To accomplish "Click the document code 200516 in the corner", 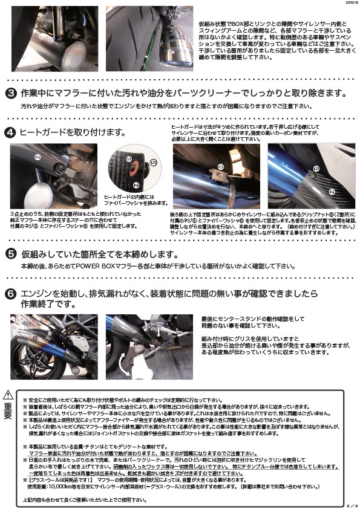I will (x=349, y=4).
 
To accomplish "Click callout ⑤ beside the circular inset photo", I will (x=152, y=163).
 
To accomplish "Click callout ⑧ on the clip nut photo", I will (x=220, y=166).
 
